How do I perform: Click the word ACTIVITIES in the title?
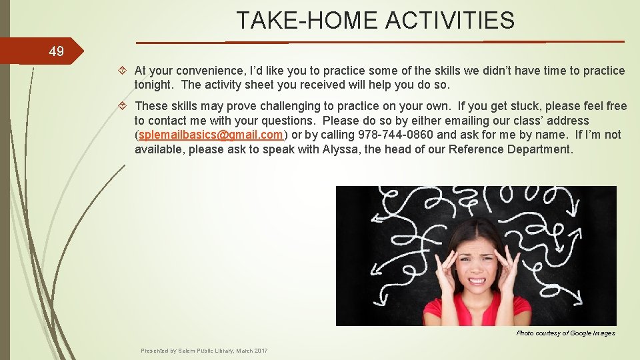450,21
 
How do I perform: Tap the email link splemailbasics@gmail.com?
210,135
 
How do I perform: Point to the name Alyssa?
341,149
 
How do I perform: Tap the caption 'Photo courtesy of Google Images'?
565,333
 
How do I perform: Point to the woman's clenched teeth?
477,280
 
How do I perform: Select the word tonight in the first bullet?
155,85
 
